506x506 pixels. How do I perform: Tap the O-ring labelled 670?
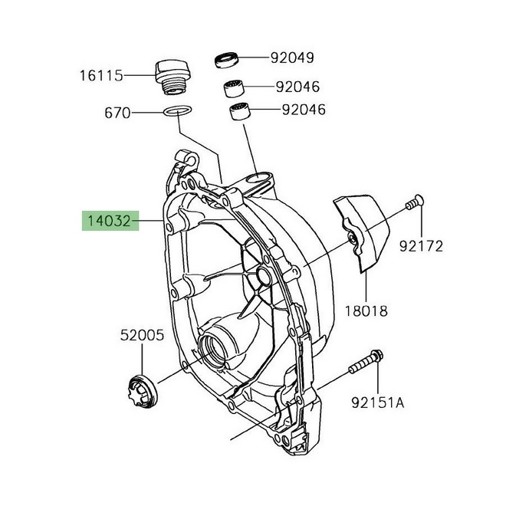[x=178, y=112]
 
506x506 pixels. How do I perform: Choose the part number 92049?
[x=291, y=58]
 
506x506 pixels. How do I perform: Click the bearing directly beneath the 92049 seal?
[x=235, y=87]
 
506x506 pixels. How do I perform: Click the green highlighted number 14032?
[x=109, y=222]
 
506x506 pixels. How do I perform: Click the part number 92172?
[x=421, y=246]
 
